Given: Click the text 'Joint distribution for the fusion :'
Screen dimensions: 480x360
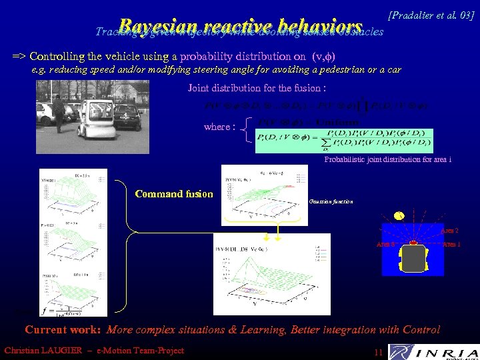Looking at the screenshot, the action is pos(257,88).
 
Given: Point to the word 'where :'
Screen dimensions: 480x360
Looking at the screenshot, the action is pos(219,127).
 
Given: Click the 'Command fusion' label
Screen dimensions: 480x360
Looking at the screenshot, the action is pos(174,194).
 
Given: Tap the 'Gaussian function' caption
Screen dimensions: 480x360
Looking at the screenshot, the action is pos(331,201).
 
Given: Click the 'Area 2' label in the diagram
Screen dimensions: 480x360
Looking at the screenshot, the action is pos(449,231).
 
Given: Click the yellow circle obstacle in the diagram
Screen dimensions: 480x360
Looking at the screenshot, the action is pos(399,215).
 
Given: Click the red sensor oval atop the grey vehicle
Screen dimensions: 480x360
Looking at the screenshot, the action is pos(414,243).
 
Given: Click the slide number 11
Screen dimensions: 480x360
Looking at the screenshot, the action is pos(378,351).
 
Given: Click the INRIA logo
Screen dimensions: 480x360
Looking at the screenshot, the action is pos(433,351).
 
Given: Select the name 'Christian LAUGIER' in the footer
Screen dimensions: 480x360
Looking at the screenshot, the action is pos(47,351).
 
